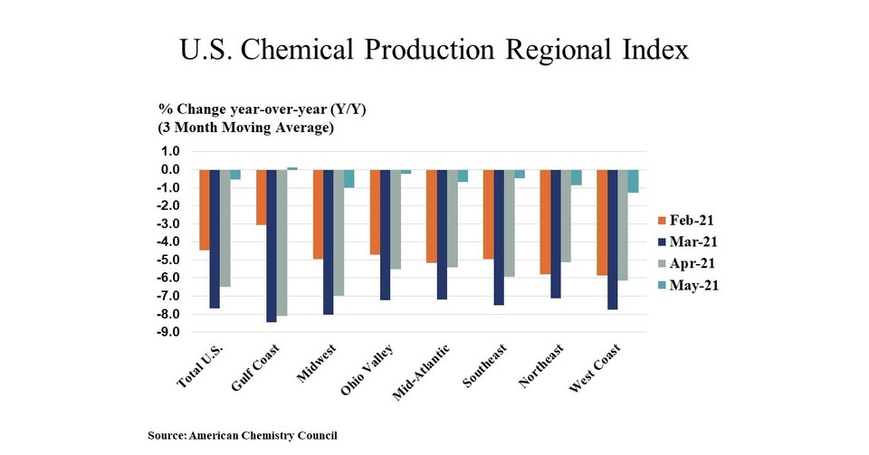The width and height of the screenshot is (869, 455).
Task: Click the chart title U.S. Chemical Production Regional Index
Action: (434, 49)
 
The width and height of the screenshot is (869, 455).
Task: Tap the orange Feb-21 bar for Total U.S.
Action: (204, 209)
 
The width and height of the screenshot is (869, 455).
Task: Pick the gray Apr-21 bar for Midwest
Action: (338, 232)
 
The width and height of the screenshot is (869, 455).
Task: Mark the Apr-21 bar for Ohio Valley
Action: (395, 219)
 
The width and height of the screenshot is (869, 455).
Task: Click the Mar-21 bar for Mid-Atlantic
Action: (441, 233)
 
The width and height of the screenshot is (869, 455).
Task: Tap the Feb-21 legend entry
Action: (693, 220)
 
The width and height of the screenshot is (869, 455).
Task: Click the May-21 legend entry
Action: (693, 285)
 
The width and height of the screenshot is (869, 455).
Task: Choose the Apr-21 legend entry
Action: (693, 263)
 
